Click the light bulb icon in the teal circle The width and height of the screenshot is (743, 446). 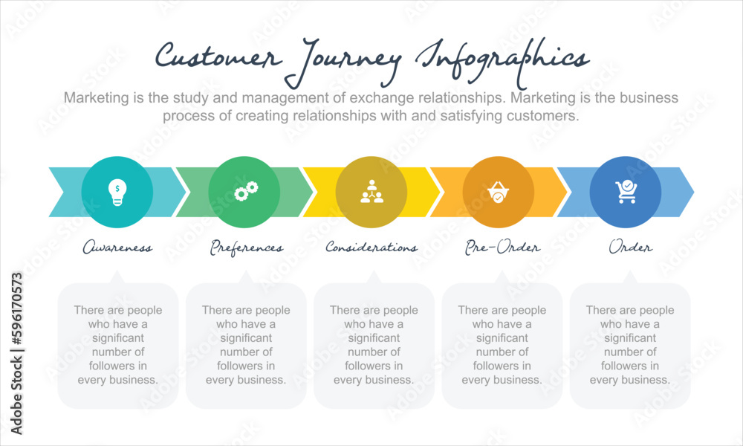pyautogui.click(x=117, y=192)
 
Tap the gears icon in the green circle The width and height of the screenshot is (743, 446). pyautogui.click(x=244, y=192)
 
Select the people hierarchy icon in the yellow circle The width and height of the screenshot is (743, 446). pyautogui.click(x=371, y=192)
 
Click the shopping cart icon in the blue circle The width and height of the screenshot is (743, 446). pyautogui.click(x=626, y=192)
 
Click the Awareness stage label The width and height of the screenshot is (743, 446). pyautogui.click(x=117, y=248)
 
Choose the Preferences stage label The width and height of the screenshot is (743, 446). pyautogui.click(x=246, y=248)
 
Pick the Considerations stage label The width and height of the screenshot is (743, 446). pyautogui.click(x=371, y=248)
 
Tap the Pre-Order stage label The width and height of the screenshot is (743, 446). pyautogui.click(x=502, y=247)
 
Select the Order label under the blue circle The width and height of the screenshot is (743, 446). pyautogui.click(x=631, y=248)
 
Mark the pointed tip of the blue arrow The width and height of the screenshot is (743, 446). pyautogui.click(x=693, y=192)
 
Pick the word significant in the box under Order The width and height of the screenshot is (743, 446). pyautogui.click(x=630, y=337)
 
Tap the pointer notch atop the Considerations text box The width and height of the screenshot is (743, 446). pyautogui.click(x=374, y=276)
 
